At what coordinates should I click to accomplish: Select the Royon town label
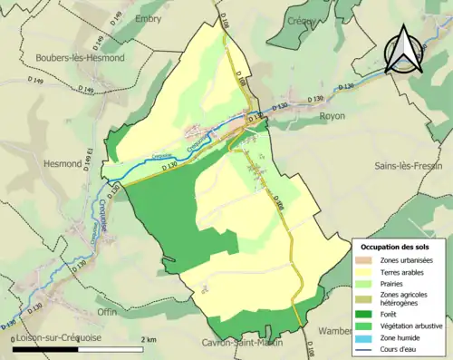pos(333,117)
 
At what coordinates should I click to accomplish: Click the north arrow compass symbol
pos(405,50)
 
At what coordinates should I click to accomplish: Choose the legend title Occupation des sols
pos(400,247)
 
